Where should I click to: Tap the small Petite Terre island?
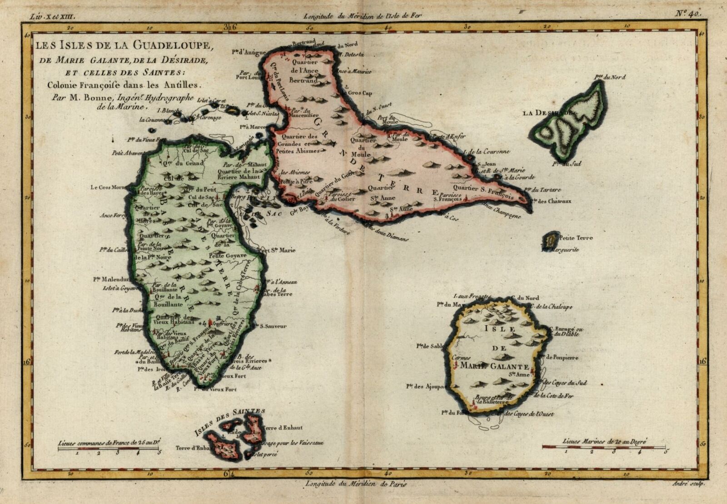(552, 239)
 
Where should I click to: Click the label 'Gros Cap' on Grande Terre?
(361, 93)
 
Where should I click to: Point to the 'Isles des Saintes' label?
(229, 421)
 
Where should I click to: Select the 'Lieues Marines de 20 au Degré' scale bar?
(604, 447)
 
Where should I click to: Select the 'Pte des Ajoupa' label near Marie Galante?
(426, 387)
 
